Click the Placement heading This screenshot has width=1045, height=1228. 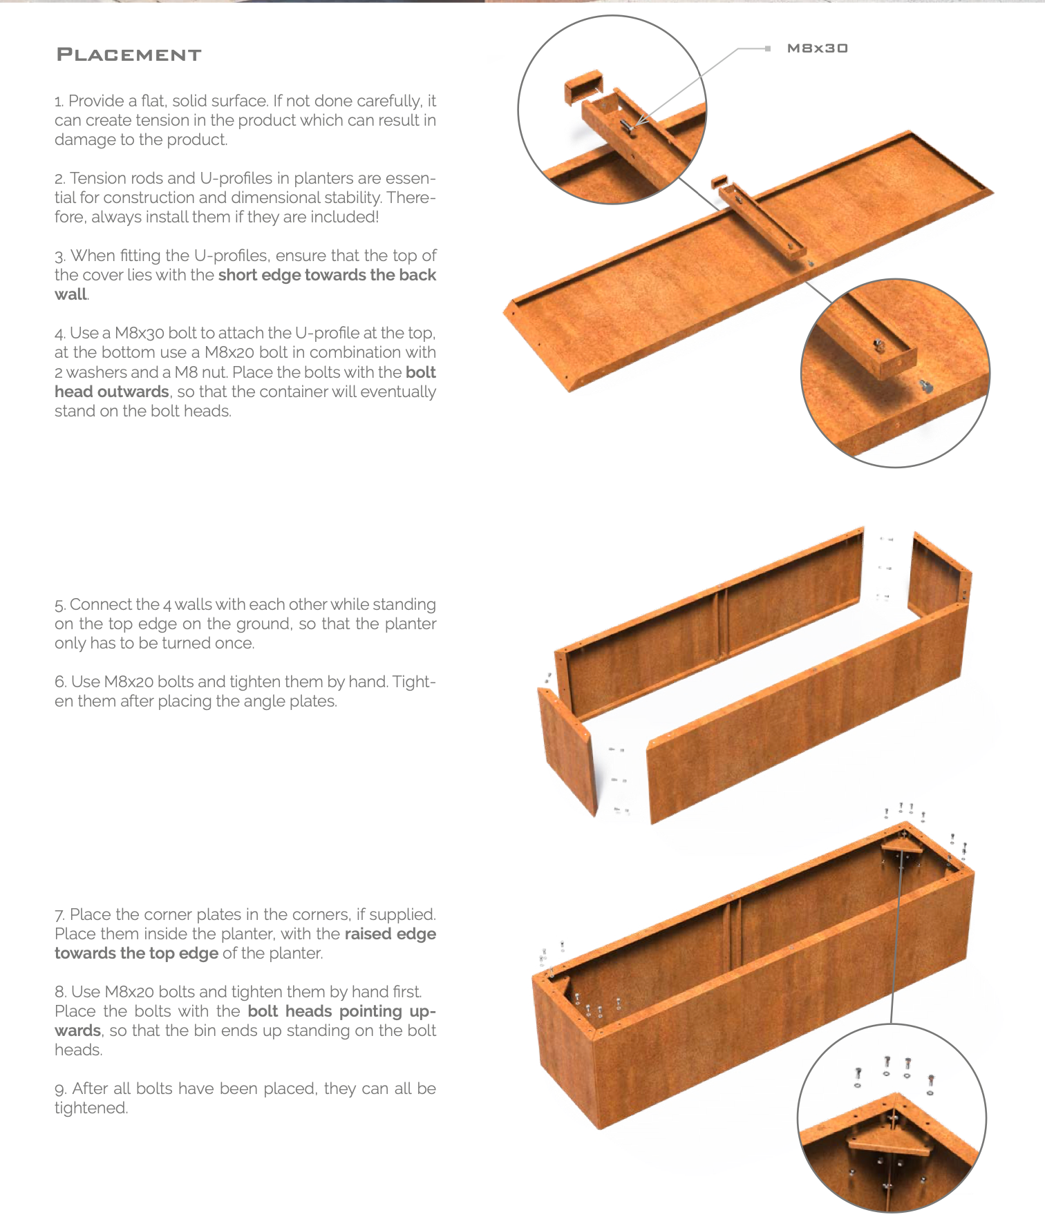129,55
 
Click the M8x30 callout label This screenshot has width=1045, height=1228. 817,48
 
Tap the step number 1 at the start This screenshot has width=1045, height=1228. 59,102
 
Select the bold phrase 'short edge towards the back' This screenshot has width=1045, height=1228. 327,275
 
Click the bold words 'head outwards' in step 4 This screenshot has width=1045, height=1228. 112,392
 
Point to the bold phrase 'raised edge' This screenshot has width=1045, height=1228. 390,934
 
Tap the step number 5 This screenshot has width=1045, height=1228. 59,605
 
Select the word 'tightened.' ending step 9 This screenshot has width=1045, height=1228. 91,1108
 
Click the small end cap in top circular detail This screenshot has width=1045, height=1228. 585,87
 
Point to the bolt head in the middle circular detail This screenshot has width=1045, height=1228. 925,386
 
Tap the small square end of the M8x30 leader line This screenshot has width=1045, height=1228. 767,48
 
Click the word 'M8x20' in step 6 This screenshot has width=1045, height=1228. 129,682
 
